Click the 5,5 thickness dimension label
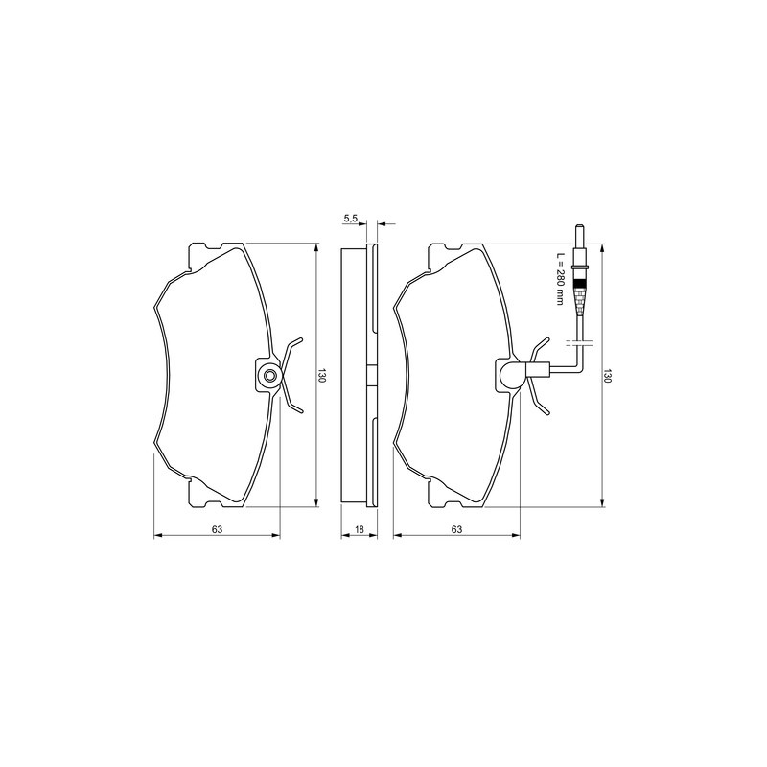[351, 219]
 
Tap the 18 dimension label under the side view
[360, 529]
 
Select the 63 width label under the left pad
[218, 529]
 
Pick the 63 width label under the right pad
[457, 529]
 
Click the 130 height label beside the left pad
[321, 375]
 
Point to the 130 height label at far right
[608, 375]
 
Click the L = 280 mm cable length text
[561, 279]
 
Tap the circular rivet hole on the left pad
[269, 376]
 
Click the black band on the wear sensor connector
[580, 283]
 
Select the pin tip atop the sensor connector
[580, 229]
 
